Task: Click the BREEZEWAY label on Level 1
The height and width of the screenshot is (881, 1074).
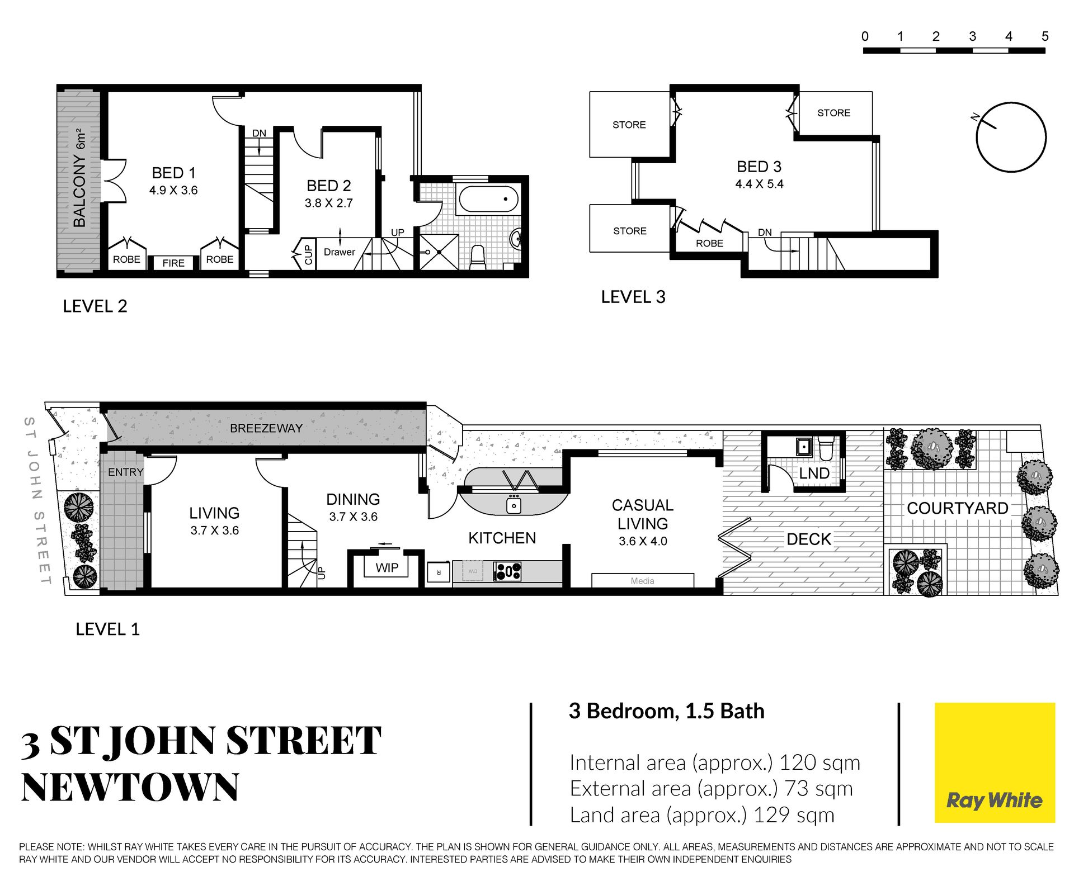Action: point(266,428)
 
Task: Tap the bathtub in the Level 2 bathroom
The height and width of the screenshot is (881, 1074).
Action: point(488,199)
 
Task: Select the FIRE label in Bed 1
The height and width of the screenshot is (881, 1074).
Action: point(173,263)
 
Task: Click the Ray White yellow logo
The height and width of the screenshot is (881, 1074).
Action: point(995,762)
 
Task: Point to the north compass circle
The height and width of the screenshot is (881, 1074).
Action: point(1011,137)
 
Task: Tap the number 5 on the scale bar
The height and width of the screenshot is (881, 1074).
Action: point(1045,36)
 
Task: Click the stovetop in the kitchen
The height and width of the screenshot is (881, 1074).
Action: point(508,571)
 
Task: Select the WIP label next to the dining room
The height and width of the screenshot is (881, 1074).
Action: point(387,568)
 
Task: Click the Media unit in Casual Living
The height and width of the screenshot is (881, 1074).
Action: point(643,581)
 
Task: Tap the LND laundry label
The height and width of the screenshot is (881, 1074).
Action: point(814,473)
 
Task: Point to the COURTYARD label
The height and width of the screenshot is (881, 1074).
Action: point(957,508)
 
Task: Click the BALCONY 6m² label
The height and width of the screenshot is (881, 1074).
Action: point(80,178)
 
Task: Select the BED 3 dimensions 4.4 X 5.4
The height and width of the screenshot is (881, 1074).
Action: point(759,184)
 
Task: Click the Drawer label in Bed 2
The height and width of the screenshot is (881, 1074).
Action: point(340,252)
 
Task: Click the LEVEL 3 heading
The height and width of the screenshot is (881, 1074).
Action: point(633,297)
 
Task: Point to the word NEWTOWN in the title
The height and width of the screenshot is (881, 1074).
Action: point(130,787)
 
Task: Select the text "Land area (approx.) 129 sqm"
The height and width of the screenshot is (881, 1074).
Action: point(702,815)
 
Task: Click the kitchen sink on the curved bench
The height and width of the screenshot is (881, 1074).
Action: point(514,505)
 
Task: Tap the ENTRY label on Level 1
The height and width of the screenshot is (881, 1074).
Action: point(126,472)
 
